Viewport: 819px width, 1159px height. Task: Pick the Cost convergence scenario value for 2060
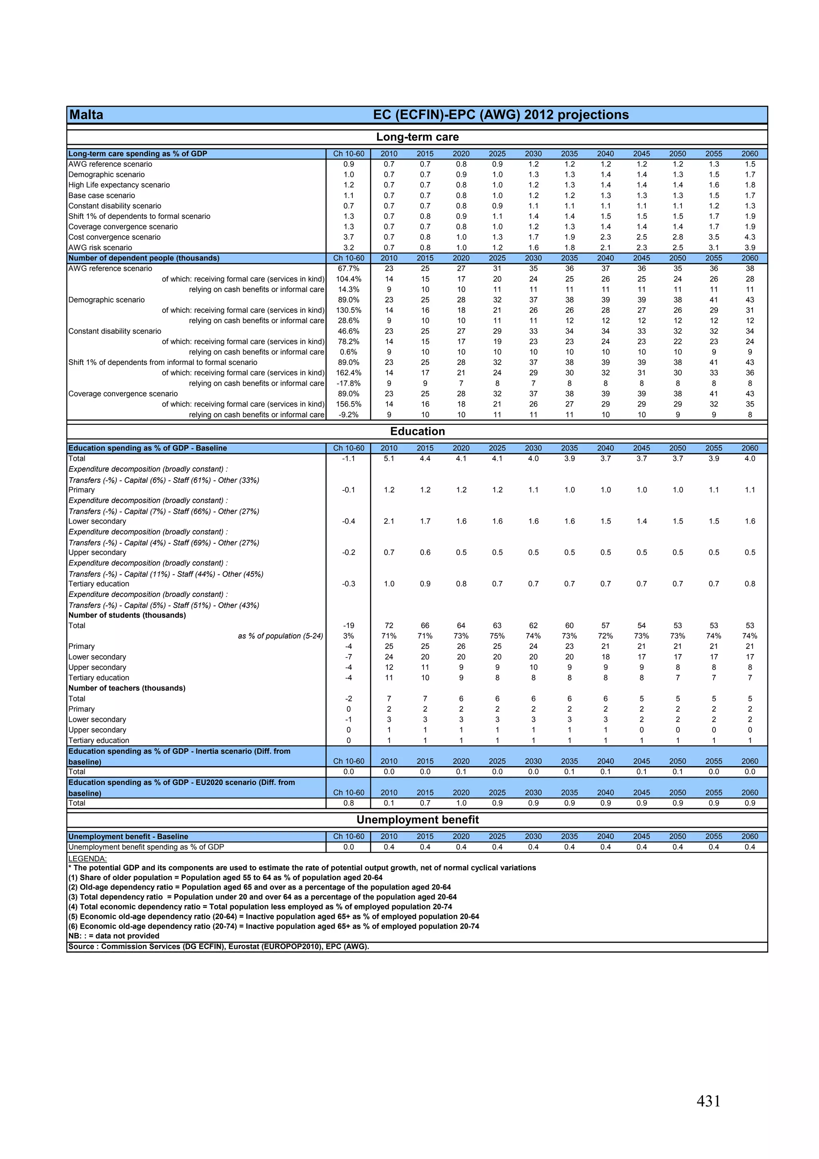coord(749,237)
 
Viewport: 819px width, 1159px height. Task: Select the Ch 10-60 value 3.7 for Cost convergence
coord(348,237)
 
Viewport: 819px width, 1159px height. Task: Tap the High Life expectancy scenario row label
coord(119,185)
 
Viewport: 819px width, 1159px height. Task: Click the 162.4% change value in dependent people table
coord(348,373)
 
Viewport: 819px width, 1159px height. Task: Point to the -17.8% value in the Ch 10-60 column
coord(348,384)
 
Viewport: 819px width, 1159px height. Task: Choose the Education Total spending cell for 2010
coord(389,459)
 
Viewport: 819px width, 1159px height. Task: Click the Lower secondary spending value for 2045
coord(641,521)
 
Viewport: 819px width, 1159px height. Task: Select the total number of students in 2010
coord(389,625)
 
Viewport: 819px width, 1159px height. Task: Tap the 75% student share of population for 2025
coord(497,636)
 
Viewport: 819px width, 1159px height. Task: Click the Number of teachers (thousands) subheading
coord(127,688)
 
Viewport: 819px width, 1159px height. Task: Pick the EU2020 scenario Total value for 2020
coord(461,803)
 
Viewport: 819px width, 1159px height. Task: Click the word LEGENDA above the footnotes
coord(87,859)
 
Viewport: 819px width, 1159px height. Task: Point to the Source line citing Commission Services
coord(218,947)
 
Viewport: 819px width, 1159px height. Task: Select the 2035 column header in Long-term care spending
coord(569,154)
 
